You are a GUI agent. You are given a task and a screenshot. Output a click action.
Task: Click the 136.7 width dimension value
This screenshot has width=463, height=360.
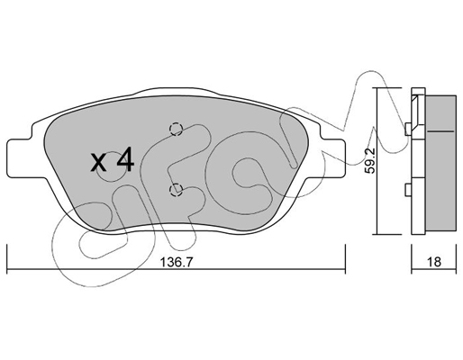pyautogui.click(x=176, y=262)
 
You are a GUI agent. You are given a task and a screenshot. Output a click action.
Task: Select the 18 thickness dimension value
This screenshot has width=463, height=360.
pyautogui.click(x=434, y=262)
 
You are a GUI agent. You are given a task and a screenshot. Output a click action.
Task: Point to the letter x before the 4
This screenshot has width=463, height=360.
pyautogui.click(x=98, y=164)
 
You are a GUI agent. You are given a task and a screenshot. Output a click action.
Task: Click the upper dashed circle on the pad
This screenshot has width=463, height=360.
pyautogui.click(x=176, y=129)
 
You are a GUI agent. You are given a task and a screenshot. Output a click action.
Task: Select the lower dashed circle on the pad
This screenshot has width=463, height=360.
pyautogui.click(x=176, y=190)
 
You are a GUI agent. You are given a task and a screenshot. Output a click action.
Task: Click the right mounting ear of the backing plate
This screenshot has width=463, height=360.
pyautogui.click(x=333, y=157)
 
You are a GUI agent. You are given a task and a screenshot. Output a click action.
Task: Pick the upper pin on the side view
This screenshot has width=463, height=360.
pyautogui.click(x=408, y=130)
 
